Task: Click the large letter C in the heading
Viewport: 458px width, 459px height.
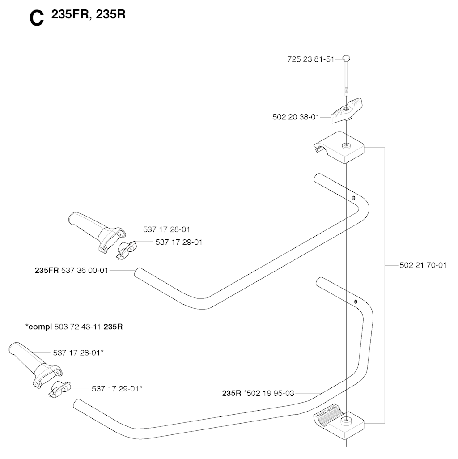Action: coord(37,19)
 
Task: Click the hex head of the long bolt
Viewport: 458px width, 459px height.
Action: coord(346,58)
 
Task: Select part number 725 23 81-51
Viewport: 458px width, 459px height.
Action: coord(311,59)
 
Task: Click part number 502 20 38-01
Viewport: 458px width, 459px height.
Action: coord(296,117)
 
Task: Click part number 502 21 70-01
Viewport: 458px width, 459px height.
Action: coord(423,265)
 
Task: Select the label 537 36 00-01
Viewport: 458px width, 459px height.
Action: coord(85,271)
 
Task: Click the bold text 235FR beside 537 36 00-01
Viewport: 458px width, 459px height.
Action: coord(47,271)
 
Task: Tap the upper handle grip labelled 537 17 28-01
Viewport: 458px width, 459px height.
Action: coord(97,232)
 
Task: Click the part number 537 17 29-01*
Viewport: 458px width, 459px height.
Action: coord(117,389)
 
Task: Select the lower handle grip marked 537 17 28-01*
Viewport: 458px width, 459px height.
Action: coord(35,365)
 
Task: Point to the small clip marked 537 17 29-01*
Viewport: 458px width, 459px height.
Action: coord(60,389)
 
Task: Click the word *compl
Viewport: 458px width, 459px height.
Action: coord(38,327)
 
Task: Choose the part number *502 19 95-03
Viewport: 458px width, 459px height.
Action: coord(269,393)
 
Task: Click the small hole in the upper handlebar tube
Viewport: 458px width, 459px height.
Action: coord(354,198)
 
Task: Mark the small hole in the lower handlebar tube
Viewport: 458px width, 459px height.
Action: coord(355,302)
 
